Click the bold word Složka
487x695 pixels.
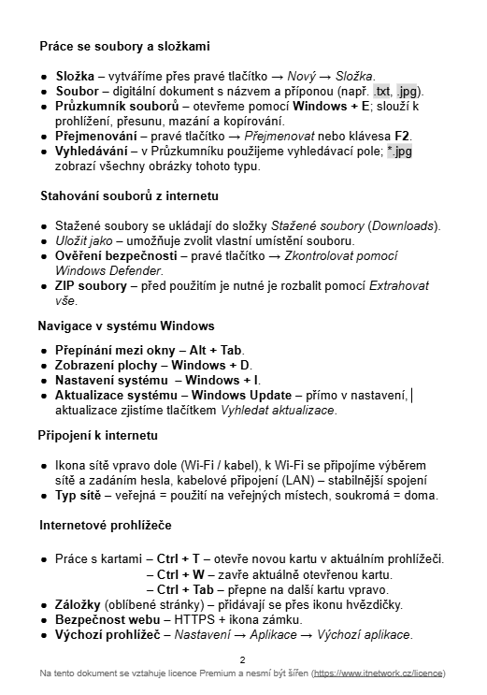point(76,76)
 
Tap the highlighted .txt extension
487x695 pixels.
point(382,92)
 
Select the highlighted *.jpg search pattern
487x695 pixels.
point(399,152)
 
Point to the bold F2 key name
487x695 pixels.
point(403,137)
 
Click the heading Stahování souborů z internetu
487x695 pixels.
point(129,196)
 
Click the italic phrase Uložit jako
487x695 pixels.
point(84,241)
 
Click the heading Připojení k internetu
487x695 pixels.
point(98,436)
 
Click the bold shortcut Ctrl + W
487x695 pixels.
point(181,574)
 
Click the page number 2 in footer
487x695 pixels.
point(242,659)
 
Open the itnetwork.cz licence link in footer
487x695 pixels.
point(378,673)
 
